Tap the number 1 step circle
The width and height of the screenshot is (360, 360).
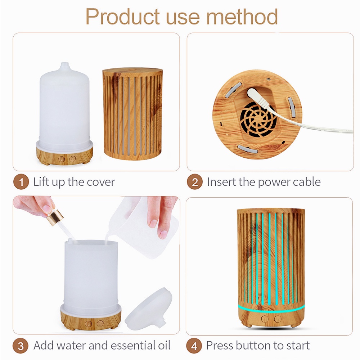pyautogui.click(x=21, y=182)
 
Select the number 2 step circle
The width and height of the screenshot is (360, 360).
pyautogui.click(x=195, y=182)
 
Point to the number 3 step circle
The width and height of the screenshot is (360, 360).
pyautogui.click(x=21, y=346)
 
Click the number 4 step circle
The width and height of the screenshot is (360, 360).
pyautogui.click(x=194, y=346)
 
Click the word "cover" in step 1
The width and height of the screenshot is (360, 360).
pyautogui.click(x=101, y=183)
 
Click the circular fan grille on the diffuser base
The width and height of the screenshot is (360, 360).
pyautogui.click(x=258, y=120)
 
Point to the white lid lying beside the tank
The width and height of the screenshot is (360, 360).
pyautogui.click(x=149, y=309)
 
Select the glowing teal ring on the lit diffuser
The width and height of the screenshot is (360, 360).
pyautogui.click(x=271, y=309)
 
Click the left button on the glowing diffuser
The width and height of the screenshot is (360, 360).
pyautogui.click(x=265, y=319)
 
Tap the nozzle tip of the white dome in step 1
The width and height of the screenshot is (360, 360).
pyautogui.click(x=64, y=64)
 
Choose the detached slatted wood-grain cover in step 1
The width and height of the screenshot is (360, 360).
pyautogui.click(x=132, y=114)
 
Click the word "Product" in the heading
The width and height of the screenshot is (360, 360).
pyautogui.click(x=123, y=17)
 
